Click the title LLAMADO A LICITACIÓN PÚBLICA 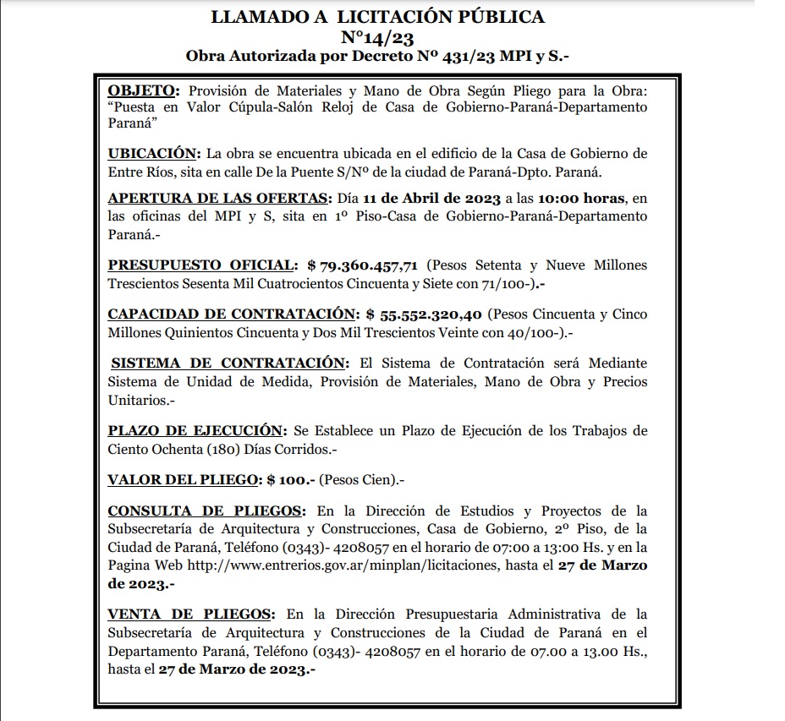click(377, 17)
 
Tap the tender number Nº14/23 click(377, 37)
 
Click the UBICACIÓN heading click(152, 154)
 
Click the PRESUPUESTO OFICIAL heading click(202, 265)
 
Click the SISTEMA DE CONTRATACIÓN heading click(228, 363)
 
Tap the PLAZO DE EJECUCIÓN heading click(195, 431)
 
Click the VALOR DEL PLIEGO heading click(182, 480)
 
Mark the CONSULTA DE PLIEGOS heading click(206, 511)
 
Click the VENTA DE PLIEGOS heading click(190, 614)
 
